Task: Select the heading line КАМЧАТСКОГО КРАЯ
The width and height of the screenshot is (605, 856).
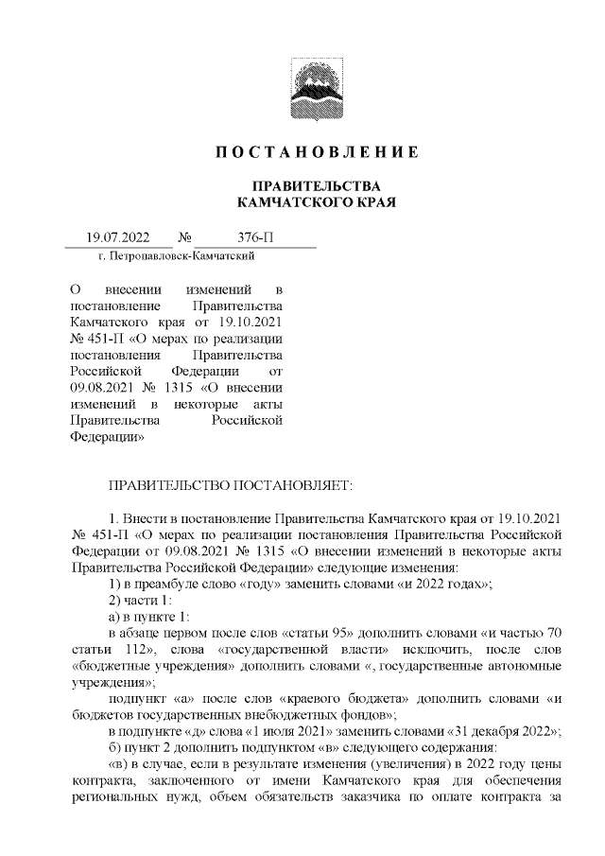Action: [315, 202]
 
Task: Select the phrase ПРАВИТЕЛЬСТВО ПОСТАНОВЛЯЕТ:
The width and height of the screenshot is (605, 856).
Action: [231, 485]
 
